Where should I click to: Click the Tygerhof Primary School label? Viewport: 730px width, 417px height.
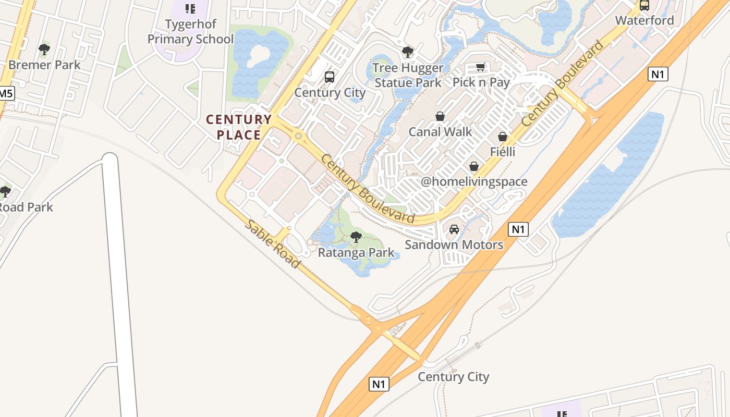(190, 32)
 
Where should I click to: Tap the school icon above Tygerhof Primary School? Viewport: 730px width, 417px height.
(190, 8)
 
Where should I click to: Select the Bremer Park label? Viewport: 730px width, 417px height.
(44, 65)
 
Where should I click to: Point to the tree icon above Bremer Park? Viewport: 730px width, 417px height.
(44, 50)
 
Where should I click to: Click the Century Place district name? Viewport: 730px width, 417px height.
(239, 127)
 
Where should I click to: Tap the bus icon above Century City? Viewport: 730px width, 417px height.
(330, 77)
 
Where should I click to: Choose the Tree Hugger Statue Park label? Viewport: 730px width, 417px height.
(408, 75)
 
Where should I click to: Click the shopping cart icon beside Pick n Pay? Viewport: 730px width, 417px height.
(480, 67)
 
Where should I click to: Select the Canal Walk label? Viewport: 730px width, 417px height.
(440, 132)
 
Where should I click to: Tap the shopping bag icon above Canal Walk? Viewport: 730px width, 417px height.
(440, 116)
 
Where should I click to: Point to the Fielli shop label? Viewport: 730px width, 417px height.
(503, 152)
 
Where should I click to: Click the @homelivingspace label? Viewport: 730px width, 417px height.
(474, 182)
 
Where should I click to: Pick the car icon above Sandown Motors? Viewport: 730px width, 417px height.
(454, 229)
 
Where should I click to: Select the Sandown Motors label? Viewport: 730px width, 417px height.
(454, 245)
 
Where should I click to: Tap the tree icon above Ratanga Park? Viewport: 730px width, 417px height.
(356, 238)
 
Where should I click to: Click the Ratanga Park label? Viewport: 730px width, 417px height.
(356, 253)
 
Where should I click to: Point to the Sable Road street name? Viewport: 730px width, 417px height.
(273, 244)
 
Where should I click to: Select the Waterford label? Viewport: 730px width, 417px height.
(644, 21)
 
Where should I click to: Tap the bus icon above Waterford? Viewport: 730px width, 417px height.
(644, 6)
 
